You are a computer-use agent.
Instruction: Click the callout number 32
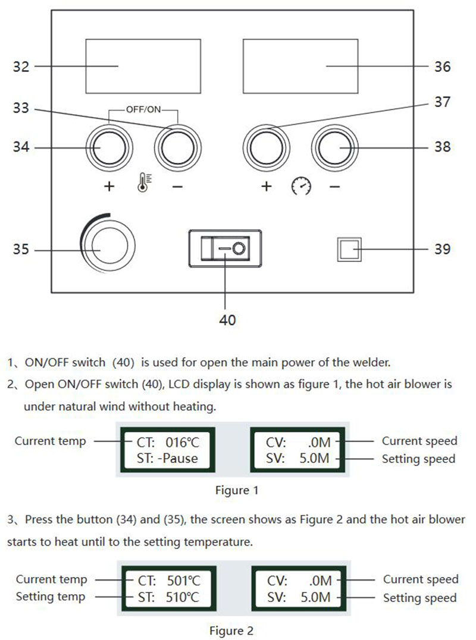coord(21,66)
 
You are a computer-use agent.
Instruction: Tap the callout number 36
coord(442,66)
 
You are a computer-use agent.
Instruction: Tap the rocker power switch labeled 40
coord(225,249)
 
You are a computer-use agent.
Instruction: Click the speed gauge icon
coord(301,187)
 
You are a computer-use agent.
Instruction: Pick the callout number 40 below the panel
coord(227,320)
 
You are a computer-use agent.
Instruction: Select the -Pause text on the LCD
coord(177,458)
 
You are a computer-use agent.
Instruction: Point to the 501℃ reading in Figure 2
coord(180,581)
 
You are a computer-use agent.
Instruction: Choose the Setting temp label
coord(51,596)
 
